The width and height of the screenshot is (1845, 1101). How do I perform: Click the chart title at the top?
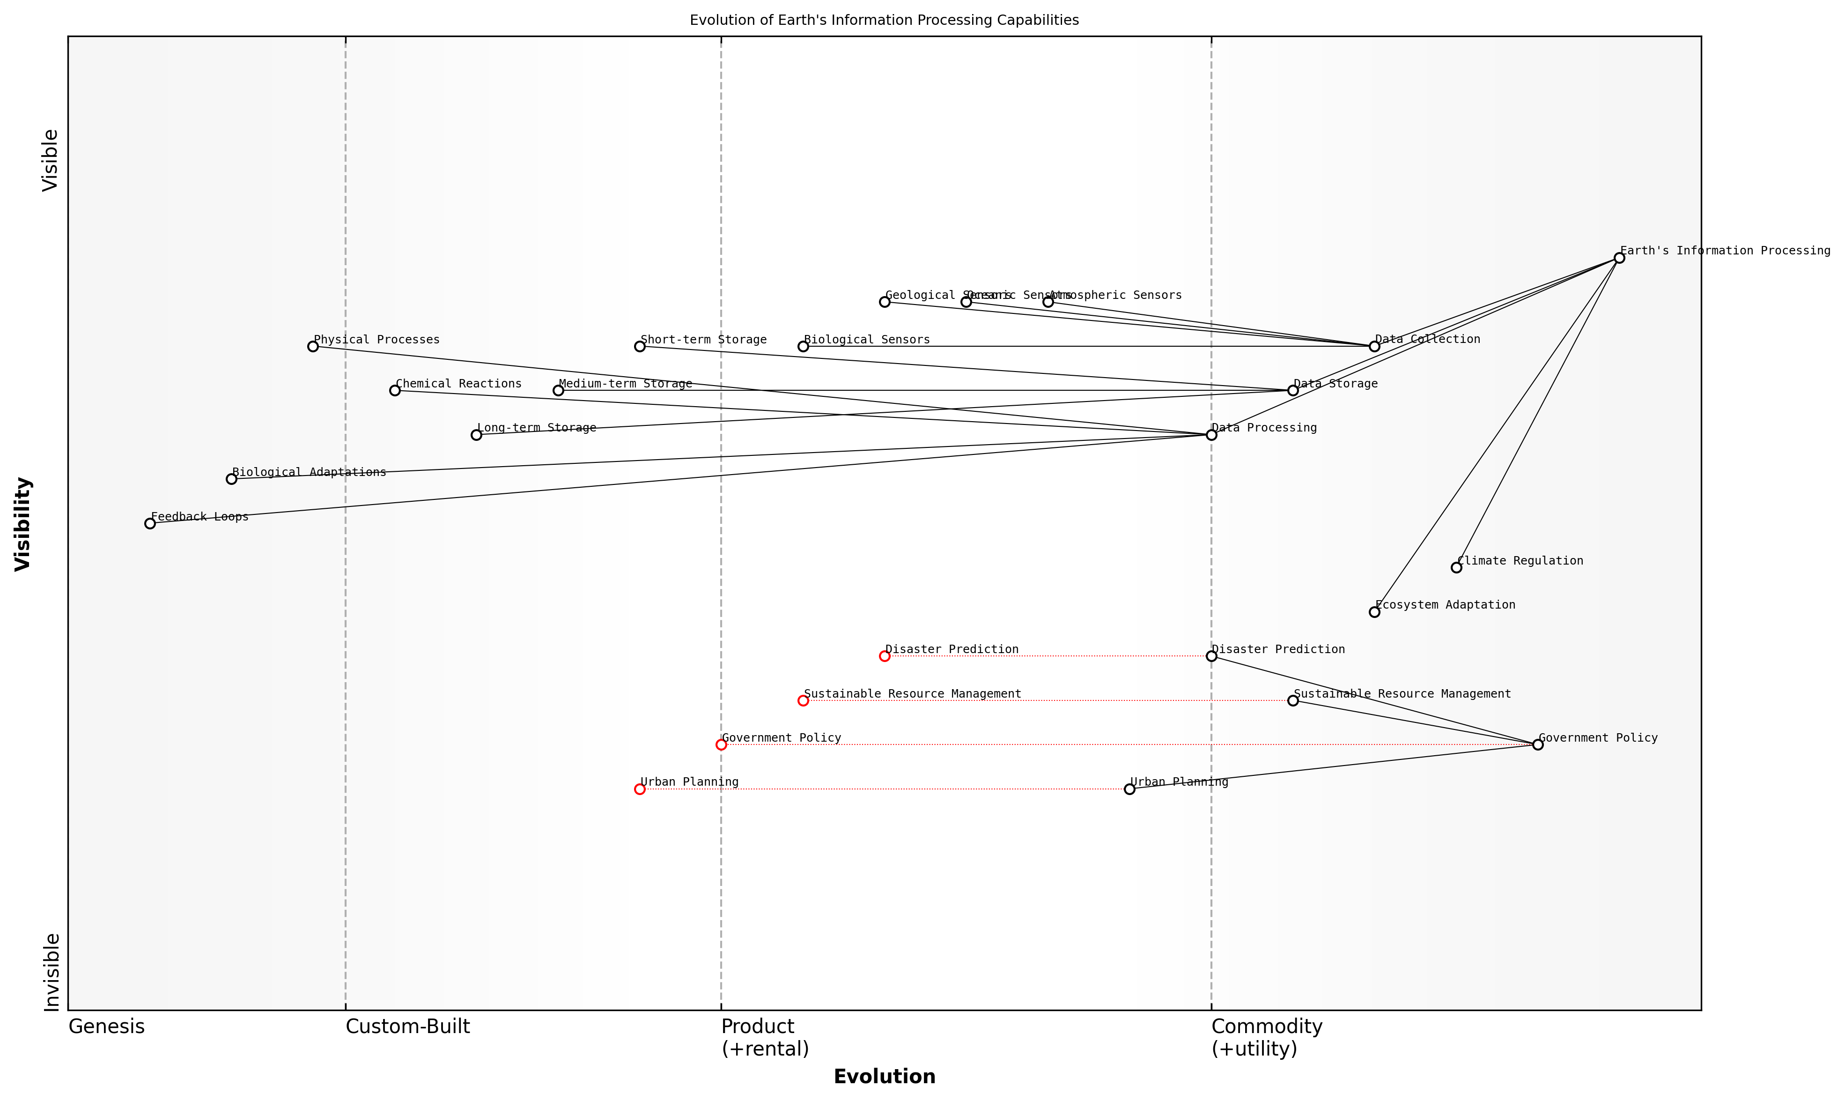point(884,20)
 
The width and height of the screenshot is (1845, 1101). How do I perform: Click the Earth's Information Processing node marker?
point(1619,257)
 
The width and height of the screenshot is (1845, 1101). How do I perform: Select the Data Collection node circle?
point(1374,347)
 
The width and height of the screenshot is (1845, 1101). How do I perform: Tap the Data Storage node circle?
point(1292,390)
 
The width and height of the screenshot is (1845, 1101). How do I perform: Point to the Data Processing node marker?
point(1211,435)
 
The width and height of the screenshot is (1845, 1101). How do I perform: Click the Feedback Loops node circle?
point(150,523)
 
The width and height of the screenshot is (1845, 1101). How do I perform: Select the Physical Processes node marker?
point(313,347)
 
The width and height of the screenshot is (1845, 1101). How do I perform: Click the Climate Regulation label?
point(1520,561)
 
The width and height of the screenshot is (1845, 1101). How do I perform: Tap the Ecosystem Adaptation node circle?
point(1374,612)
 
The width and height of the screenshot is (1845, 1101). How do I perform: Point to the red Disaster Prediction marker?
point(884,656)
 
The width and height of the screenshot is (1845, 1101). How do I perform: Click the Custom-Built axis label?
point(408,1027)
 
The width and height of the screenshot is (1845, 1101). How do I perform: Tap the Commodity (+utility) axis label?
point(1267,1037)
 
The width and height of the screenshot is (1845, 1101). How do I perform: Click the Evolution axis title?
point(884,1077)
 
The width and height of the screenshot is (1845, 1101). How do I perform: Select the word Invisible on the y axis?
point(51,972)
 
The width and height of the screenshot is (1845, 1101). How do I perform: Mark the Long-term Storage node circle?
point(476,435)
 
